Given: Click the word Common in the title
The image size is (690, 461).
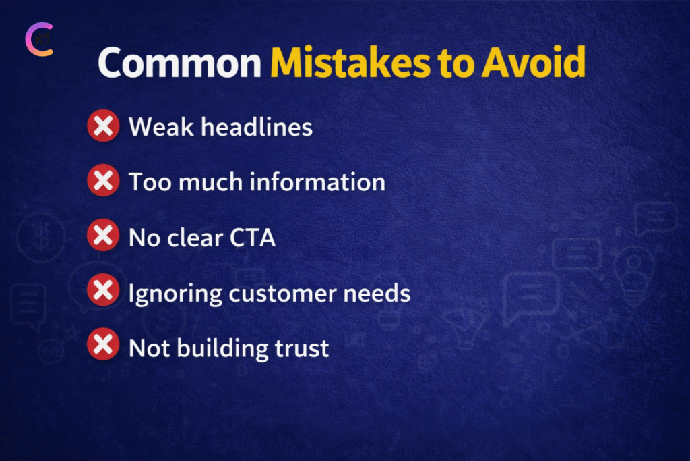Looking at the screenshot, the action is (x=179, y=63).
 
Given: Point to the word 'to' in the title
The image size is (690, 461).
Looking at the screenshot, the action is (x=456, y=63).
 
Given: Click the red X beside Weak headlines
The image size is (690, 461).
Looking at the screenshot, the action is (x=103, y=126).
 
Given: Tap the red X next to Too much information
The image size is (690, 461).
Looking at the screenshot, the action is (x=103, y=180).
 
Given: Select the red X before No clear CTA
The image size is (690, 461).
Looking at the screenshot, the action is (x=103, y=235).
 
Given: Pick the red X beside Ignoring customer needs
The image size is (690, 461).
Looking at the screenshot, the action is (x=103, y=290).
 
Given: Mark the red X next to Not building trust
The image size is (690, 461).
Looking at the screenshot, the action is (x=103, y=344).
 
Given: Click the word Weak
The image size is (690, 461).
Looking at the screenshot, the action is (x=161, y=127).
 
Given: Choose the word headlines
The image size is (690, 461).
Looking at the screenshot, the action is (x=257, y=127).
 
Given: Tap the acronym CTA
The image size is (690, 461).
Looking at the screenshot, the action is (x=253, y=238).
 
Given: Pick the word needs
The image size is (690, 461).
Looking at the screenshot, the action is (x=377, y=293).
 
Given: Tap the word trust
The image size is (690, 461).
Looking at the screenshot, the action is (x=302, y=348).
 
